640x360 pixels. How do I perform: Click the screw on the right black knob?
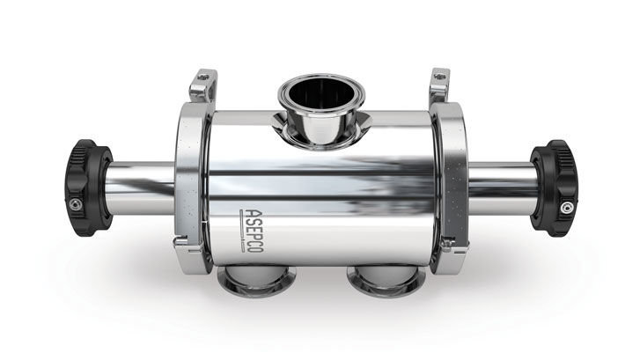pos(564,208)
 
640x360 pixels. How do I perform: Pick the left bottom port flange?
pos(249,282)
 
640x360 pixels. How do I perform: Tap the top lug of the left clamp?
pos(202,84)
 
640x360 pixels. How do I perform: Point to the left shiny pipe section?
pos(141,187)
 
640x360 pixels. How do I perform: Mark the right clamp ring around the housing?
pos(450,185)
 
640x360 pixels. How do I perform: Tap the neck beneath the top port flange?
pos(314,132)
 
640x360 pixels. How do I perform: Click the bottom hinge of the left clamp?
pos(195,259)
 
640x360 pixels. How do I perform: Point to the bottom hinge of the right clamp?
pos(444,259)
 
